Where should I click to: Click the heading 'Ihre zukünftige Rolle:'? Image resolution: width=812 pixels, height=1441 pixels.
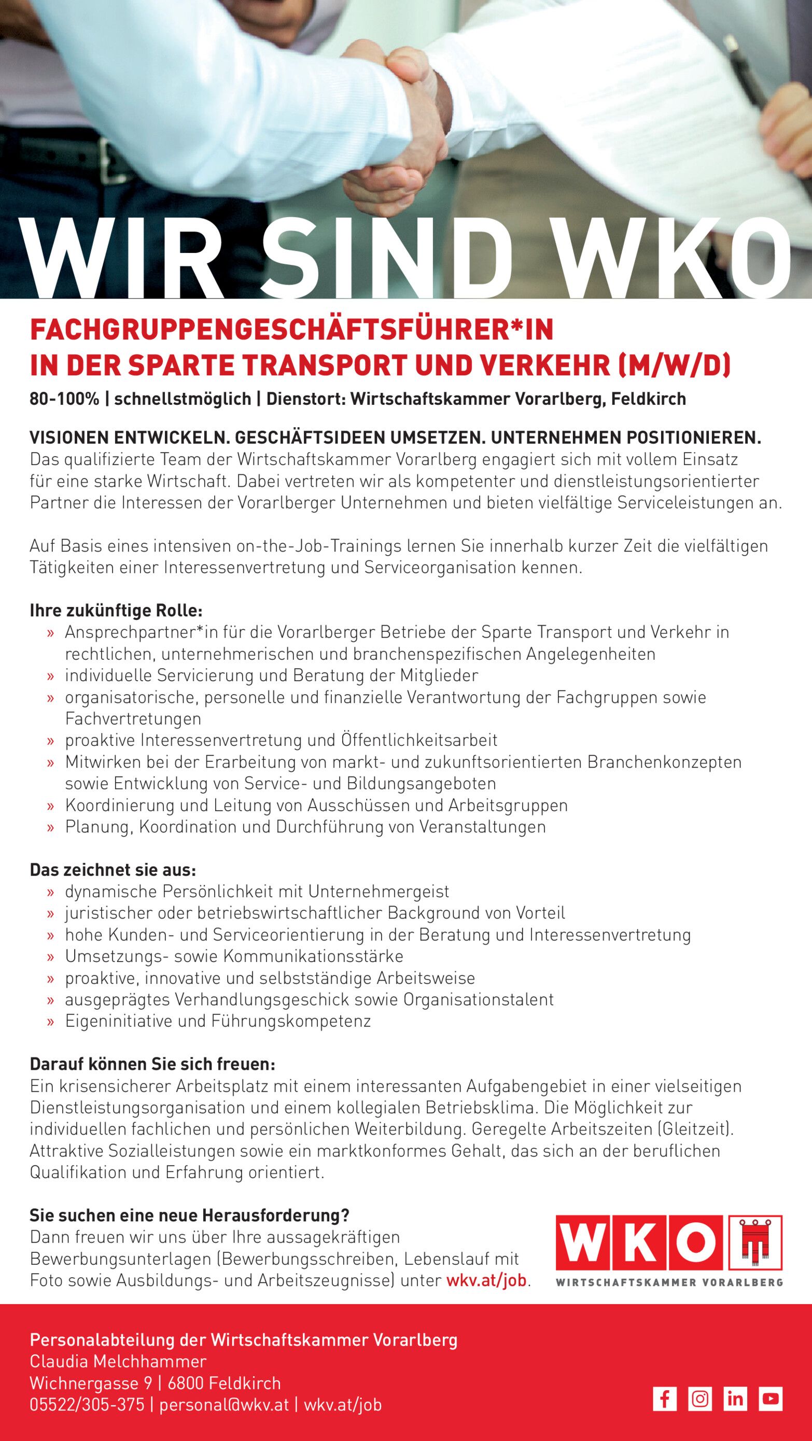(x=116, y=610)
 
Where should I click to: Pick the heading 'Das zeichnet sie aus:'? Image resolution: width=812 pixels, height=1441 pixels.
(x=113, y=870)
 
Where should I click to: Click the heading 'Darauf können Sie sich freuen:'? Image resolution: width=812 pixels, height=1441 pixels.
(x=152, y=1064)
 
